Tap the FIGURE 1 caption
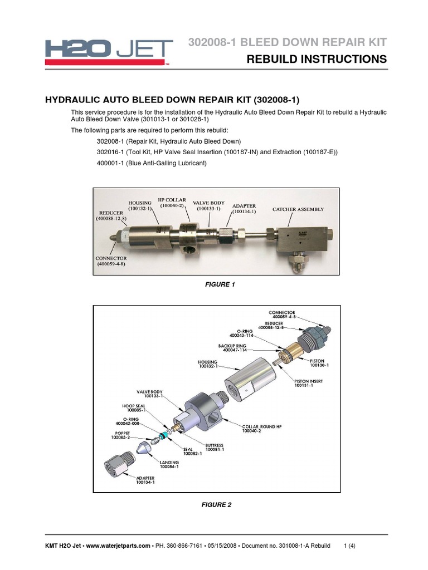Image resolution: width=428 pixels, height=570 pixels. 221,284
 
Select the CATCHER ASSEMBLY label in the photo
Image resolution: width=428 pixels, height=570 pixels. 298,209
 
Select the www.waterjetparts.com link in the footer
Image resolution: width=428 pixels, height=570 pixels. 118,546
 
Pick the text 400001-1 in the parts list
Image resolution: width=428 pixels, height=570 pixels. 111,163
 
